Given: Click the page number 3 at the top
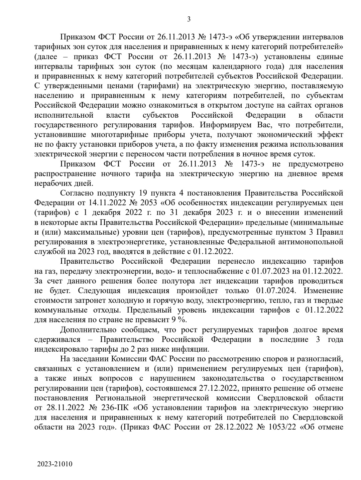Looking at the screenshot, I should [x=189, y=19].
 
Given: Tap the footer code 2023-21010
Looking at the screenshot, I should [x=55, y=464].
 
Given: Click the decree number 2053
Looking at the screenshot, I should [x=141, y=203].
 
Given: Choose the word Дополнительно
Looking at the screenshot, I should [x=88, y=330].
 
